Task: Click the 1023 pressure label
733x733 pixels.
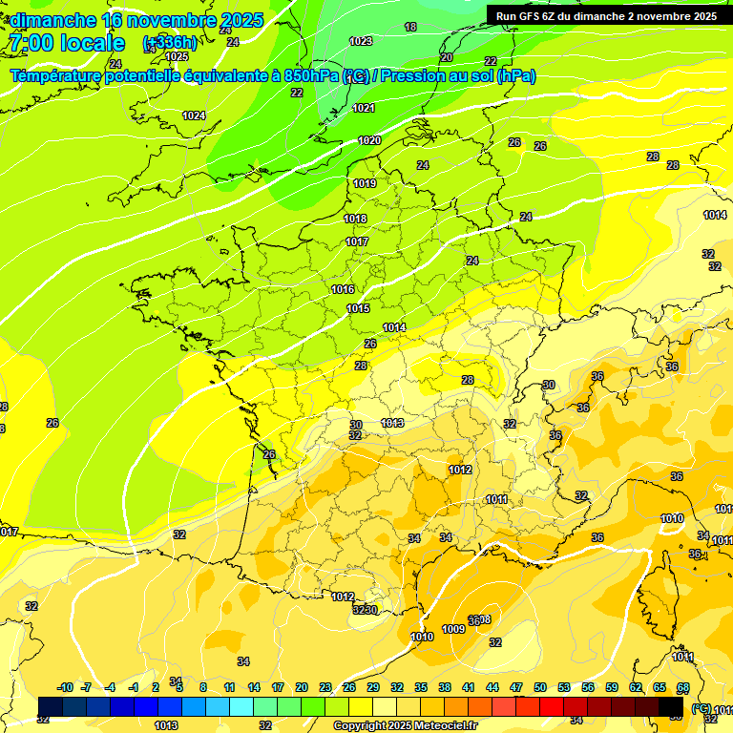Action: point(361,41)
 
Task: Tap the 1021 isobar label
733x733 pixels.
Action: point(364,109)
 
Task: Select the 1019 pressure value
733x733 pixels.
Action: point(365,183)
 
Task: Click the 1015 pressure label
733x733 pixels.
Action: point(359,308)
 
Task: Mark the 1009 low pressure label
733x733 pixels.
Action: point(453,630)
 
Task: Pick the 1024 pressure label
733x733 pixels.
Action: point(194,115)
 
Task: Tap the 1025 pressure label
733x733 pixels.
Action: point(177,57)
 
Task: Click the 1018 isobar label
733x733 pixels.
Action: point(355,219)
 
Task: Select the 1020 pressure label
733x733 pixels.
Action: point(369,141)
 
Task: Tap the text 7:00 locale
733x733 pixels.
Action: point(66,43)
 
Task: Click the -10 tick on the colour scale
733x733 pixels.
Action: point(65,687)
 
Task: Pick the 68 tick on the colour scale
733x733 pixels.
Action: point(683,687)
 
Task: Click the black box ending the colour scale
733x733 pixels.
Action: point(671,706)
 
